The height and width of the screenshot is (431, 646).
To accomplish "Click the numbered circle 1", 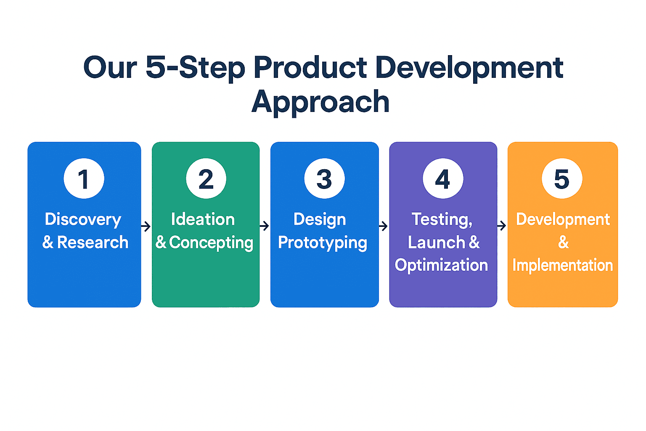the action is coord(84,178).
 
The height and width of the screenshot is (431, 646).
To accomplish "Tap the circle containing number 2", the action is coord(206,178).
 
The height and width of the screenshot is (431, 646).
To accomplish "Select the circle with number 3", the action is coord(324,178).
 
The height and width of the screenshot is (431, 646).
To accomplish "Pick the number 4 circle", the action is coord(443,178).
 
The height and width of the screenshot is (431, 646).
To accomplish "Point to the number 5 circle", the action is coord(562,178).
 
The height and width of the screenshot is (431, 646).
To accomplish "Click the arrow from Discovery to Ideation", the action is coord(146,226).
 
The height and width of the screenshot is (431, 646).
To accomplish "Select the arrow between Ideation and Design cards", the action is coord(265,226).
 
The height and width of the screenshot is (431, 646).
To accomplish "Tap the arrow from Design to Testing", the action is coord(383,226).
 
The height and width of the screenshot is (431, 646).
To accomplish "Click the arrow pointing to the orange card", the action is coord(502,226).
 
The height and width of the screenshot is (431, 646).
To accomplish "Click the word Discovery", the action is coord(83,220).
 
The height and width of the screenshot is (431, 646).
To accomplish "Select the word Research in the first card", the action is coord(93,242).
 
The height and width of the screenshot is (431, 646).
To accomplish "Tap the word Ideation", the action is coord(203,219).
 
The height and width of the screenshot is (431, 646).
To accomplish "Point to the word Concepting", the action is coord(211,243).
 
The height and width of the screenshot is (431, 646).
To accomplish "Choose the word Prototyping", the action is coord(323,243).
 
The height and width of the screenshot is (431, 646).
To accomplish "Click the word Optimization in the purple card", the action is coord(441,266).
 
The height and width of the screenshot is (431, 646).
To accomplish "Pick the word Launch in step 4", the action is coord(436,242).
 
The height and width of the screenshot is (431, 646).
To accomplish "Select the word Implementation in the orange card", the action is coord(563,266).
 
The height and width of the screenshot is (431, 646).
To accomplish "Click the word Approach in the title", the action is coord(320,103).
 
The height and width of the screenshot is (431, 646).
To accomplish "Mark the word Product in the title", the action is coord(310,67).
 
